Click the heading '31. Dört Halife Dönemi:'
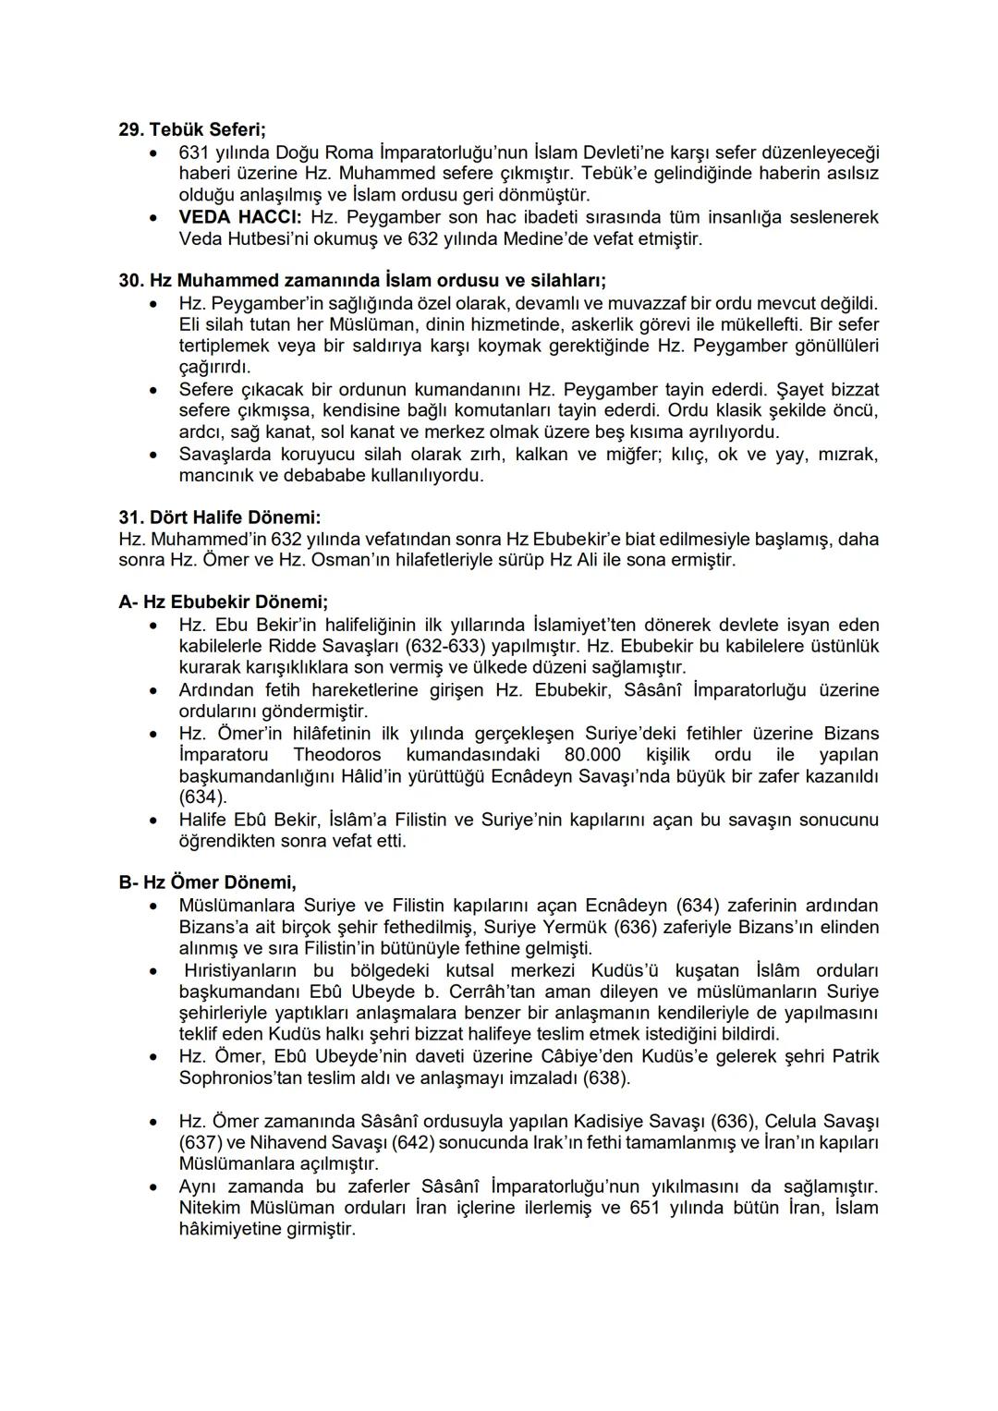[x=220, y=517]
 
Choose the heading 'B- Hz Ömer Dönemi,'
[x=207, y=882]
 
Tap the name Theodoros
[x=337, y=754]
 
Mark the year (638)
[x=607, y=1077]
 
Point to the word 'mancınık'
[x=214, y=476]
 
